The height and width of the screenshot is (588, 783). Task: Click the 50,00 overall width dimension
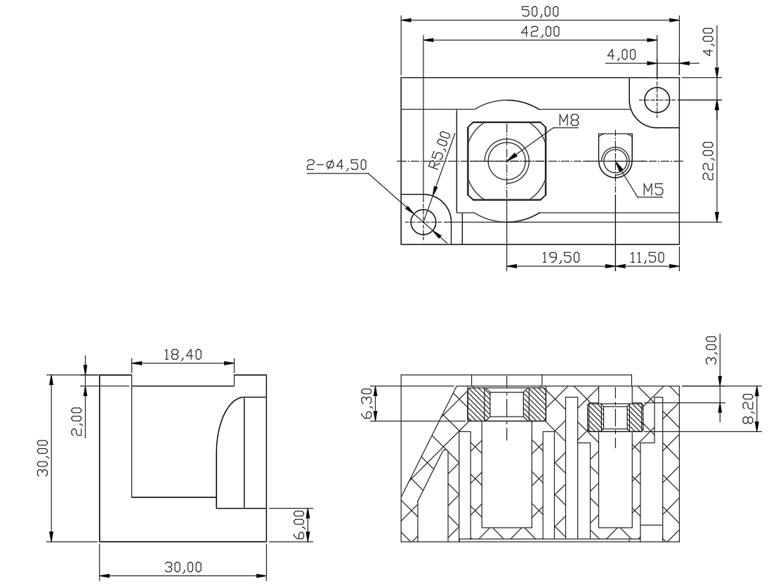(540, 11)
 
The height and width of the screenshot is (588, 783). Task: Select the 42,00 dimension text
(540, 32)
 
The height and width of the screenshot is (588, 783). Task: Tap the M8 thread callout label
(569, 120)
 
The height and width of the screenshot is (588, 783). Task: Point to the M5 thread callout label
(652, 190)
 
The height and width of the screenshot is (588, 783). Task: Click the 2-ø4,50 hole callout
(336, 164)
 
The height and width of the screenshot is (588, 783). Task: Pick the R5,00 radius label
(440, 150)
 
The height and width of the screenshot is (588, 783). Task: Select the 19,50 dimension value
(561, 257)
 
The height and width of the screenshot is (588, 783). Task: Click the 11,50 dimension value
(647, 257)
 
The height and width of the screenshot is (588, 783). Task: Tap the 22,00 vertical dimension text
(708, 160)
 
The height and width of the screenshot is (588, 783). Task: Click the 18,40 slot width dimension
(183, 354)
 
